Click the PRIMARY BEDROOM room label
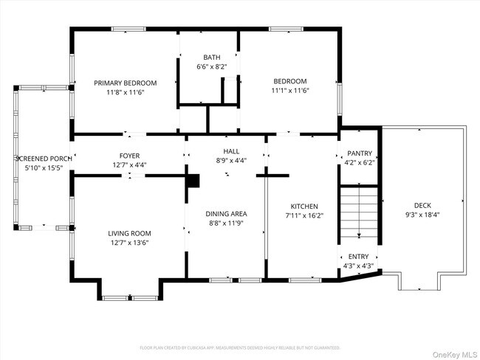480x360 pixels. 123,83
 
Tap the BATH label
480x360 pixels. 211,58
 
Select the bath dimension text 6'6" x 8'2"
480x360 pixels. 211,67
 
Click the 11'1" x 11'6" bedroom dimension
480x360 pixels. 290,91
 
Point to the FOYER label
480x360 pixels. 129,156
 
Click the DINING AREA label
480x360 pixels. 227,214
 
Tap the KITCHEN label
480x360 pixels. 304,207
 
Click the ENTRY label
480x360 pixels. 358,257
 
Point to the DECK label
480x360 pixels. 422,206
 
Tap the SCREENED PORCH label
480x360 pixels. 44,159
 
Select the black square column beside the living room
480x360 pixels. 193,181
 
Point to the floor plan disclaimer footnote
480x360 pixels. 239,347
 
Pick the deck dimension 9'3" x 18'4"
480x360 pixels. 422,215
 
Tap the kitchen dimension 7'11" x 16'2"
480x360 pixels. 304,215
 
